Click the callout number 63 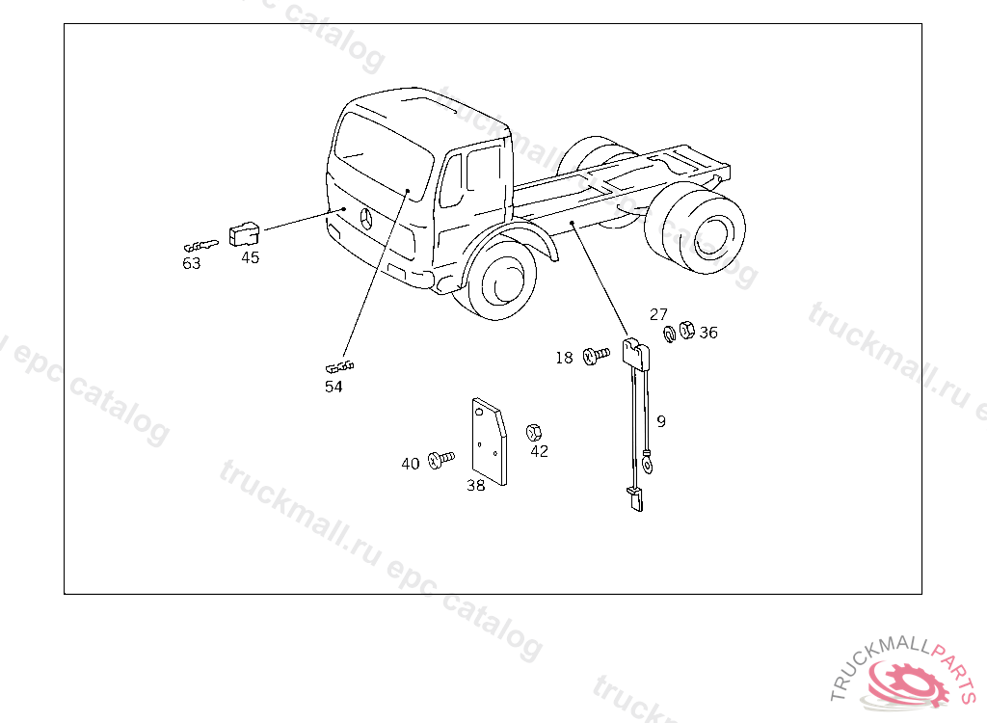click(192, 263)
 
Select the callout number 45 click(250, 257)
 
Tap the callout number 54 click(333, 387)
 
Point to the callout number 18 click(564, 358)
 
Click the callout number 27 click(658, 313)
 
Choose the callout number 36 click(708, 333)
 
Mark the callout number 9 click(661, 421)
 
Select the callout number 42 click(540, 451)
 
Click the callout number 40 click(411, 464)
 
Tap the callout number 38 click(476, 485)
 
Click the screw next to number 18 click(596, 356)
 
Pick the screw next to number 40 click(440, 460)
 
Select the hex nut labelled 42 click(534, 432)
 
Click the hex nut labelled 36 click(686, 330)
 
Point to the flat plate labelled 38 click(489, 441)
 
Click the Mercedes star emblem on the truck click(366, 219)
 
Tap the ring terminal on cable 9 click(647, 465)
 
